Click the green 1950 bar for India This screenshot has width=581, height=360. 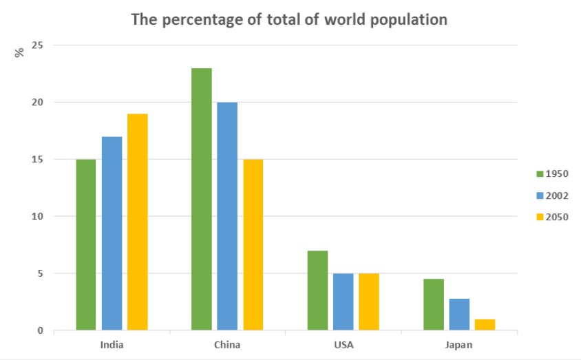pos(86,244)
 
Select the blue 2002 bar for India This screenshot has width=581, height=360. pos(112,233)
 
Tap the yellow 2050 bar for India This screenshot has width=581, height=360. pos(137,222)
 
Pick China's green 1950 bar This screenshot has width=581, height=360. pos(202,199)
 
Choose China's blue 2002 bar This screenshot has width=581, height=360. pos(227,216)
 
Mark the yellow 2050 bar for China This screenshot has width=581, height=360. pos(253,244)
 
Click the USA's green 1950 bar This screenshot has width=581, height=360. pos(317,290)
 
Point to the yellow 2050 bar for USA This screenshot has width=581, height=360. pos(368,301)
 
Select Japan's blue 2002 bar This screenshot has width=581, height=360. pos(458,314)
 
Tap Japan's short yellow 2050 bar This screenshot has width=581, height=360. pos(484,324)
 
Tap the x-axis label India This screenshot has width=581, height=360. pos(111,344)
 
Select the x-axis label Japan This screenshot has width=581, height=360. pos(458,344)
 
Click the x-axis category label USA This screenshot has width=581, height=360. pos(342,344)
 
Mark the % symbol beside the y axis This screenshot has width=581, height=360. pos(20,52)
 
